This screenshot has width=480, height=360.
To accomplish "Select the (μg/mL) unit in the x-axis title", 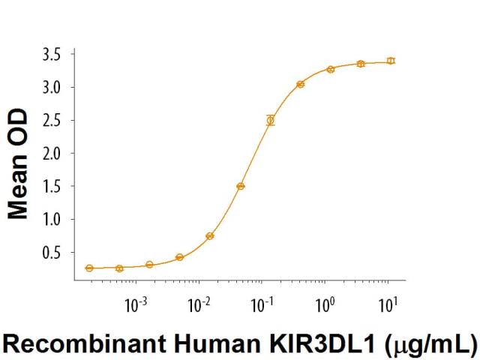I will click(431, 345).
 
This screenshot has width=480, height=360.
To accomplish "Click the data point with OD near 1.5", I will click(241, 186).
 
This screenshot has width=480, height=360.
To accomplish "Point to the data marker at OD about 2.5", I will click(271, 120).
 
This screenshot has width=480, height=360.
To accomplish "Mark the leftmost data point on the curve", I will click(89, 268).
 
